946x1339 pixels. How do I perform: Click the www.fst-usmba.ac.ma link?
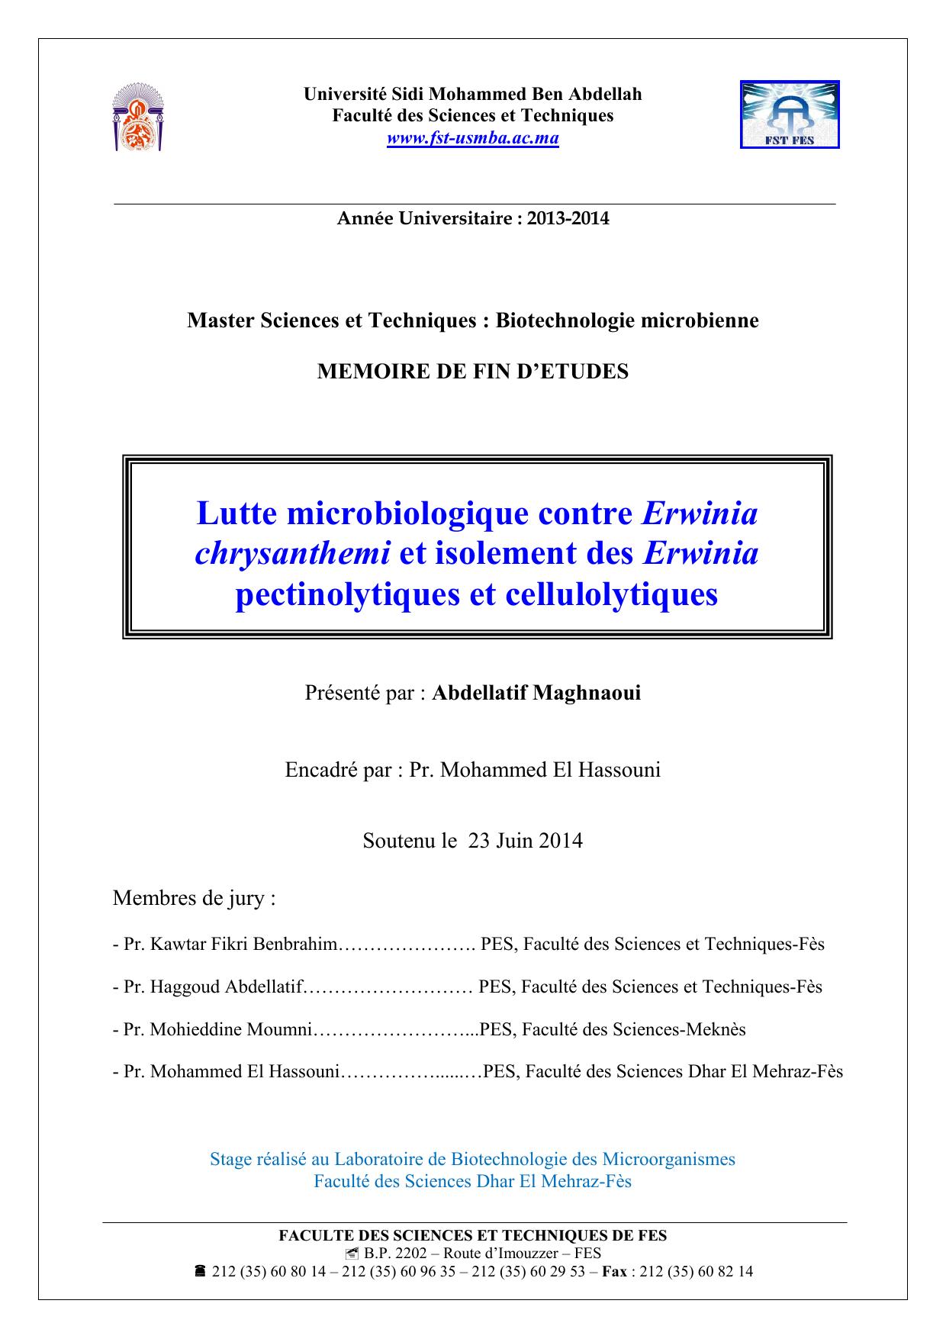pyautogui.click(x=473, y=138)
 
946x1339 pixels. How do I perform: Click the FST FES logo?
pyautogui.click(x=790, y=114)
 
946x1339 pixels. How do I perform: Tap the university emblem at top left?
pyautogui.click(x=138, y=117)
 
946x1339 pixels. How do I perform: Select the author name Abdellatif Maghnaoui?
pyautogui.click(x=536, y=693)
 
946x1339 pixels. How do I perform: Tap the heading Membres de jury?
pyautogui.click(x=194, y=898)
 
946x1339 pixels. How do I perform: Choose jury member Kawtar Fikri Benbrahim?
pyautogui.click(x=243, y=945)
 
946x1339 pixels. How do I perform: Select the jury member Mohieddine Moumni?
pyautogui.click(x=232, y=1029)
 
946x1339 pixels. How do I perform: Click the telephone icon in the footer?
pyautogui.click(x=200, y=1271)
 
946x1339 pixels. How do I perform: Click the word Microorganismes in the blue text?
pyautogui.click(x=668, y=1159)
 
